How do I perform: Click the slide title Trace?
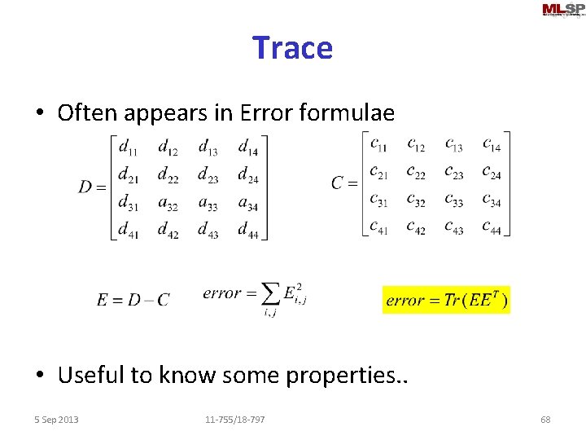point(292,48)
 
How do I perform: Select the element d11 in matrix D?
point(128,148)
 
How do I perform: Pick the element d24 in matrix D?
point(247,176)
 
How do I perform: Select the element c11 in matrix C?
point(378,145)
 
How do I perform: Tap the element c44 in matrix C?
point(491,227)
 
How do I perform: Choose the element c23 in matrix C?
point(453,173)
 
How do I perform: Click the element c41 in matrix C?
point(378,227)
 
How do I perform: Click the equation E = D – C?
point(133,300)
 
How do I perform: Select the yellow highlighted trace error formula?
point(446,300)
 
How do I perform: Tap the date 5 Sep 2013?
point(56,420)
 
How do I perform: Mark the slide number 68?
point(545,420)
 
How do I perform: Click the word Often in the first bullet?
point(85,113)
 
